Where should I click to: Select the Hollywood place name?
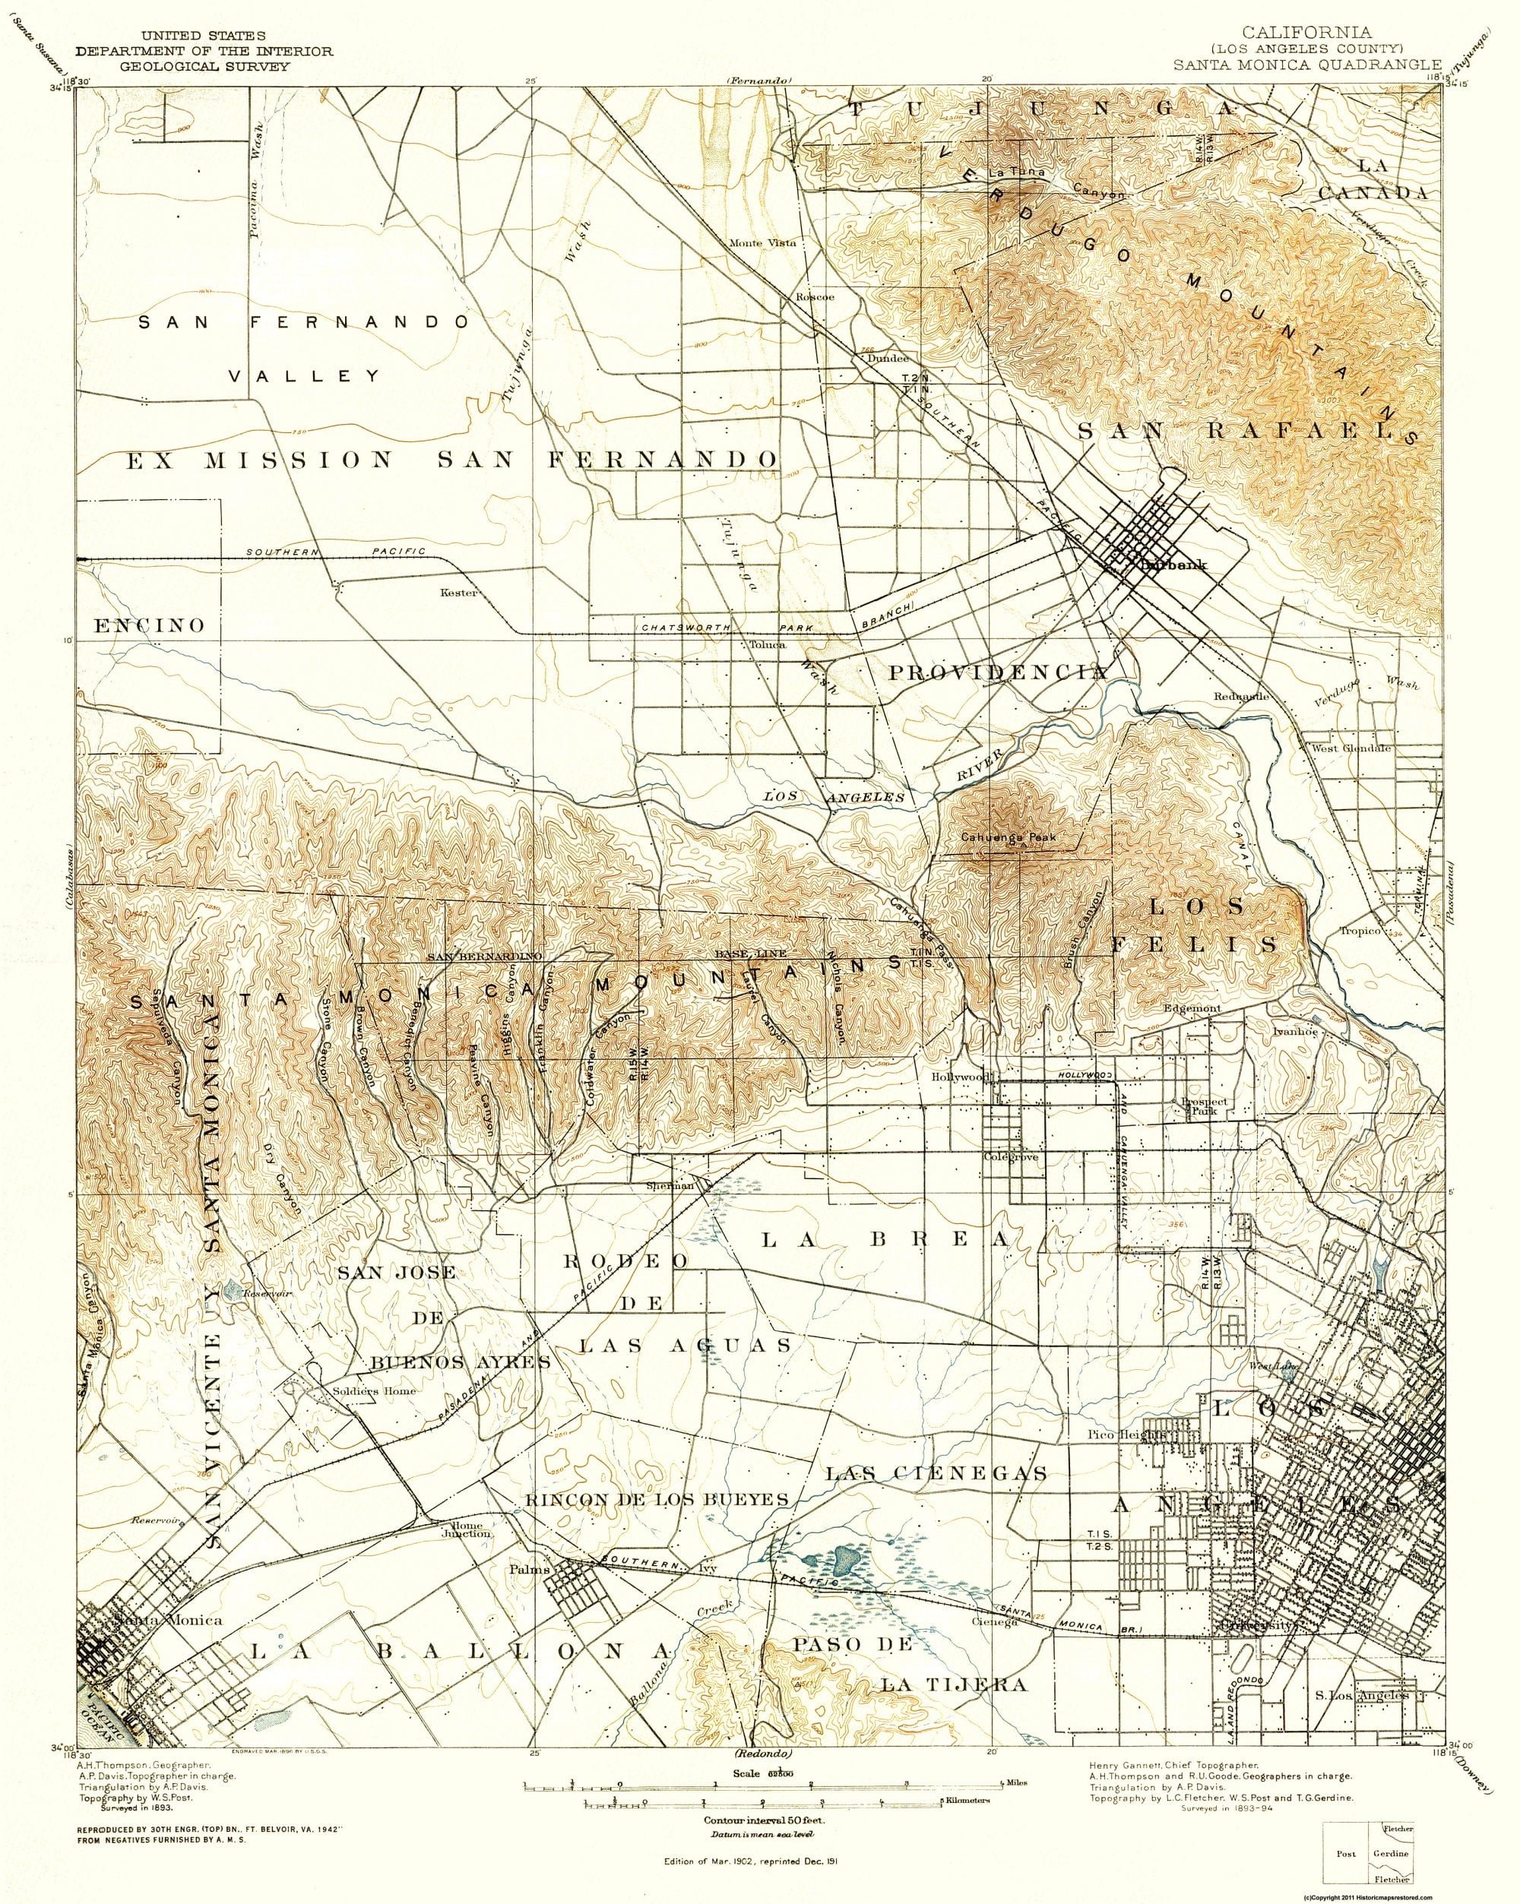click(x=959, y=1077)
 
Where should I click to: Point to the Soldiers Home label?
click(x=361, y=1390)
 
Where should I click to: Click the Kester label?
click(x=458, y=593)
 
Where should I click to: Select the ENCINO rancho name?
click(x=148, y=625)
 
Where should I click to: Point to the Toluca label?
click(x=767, y=645)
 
